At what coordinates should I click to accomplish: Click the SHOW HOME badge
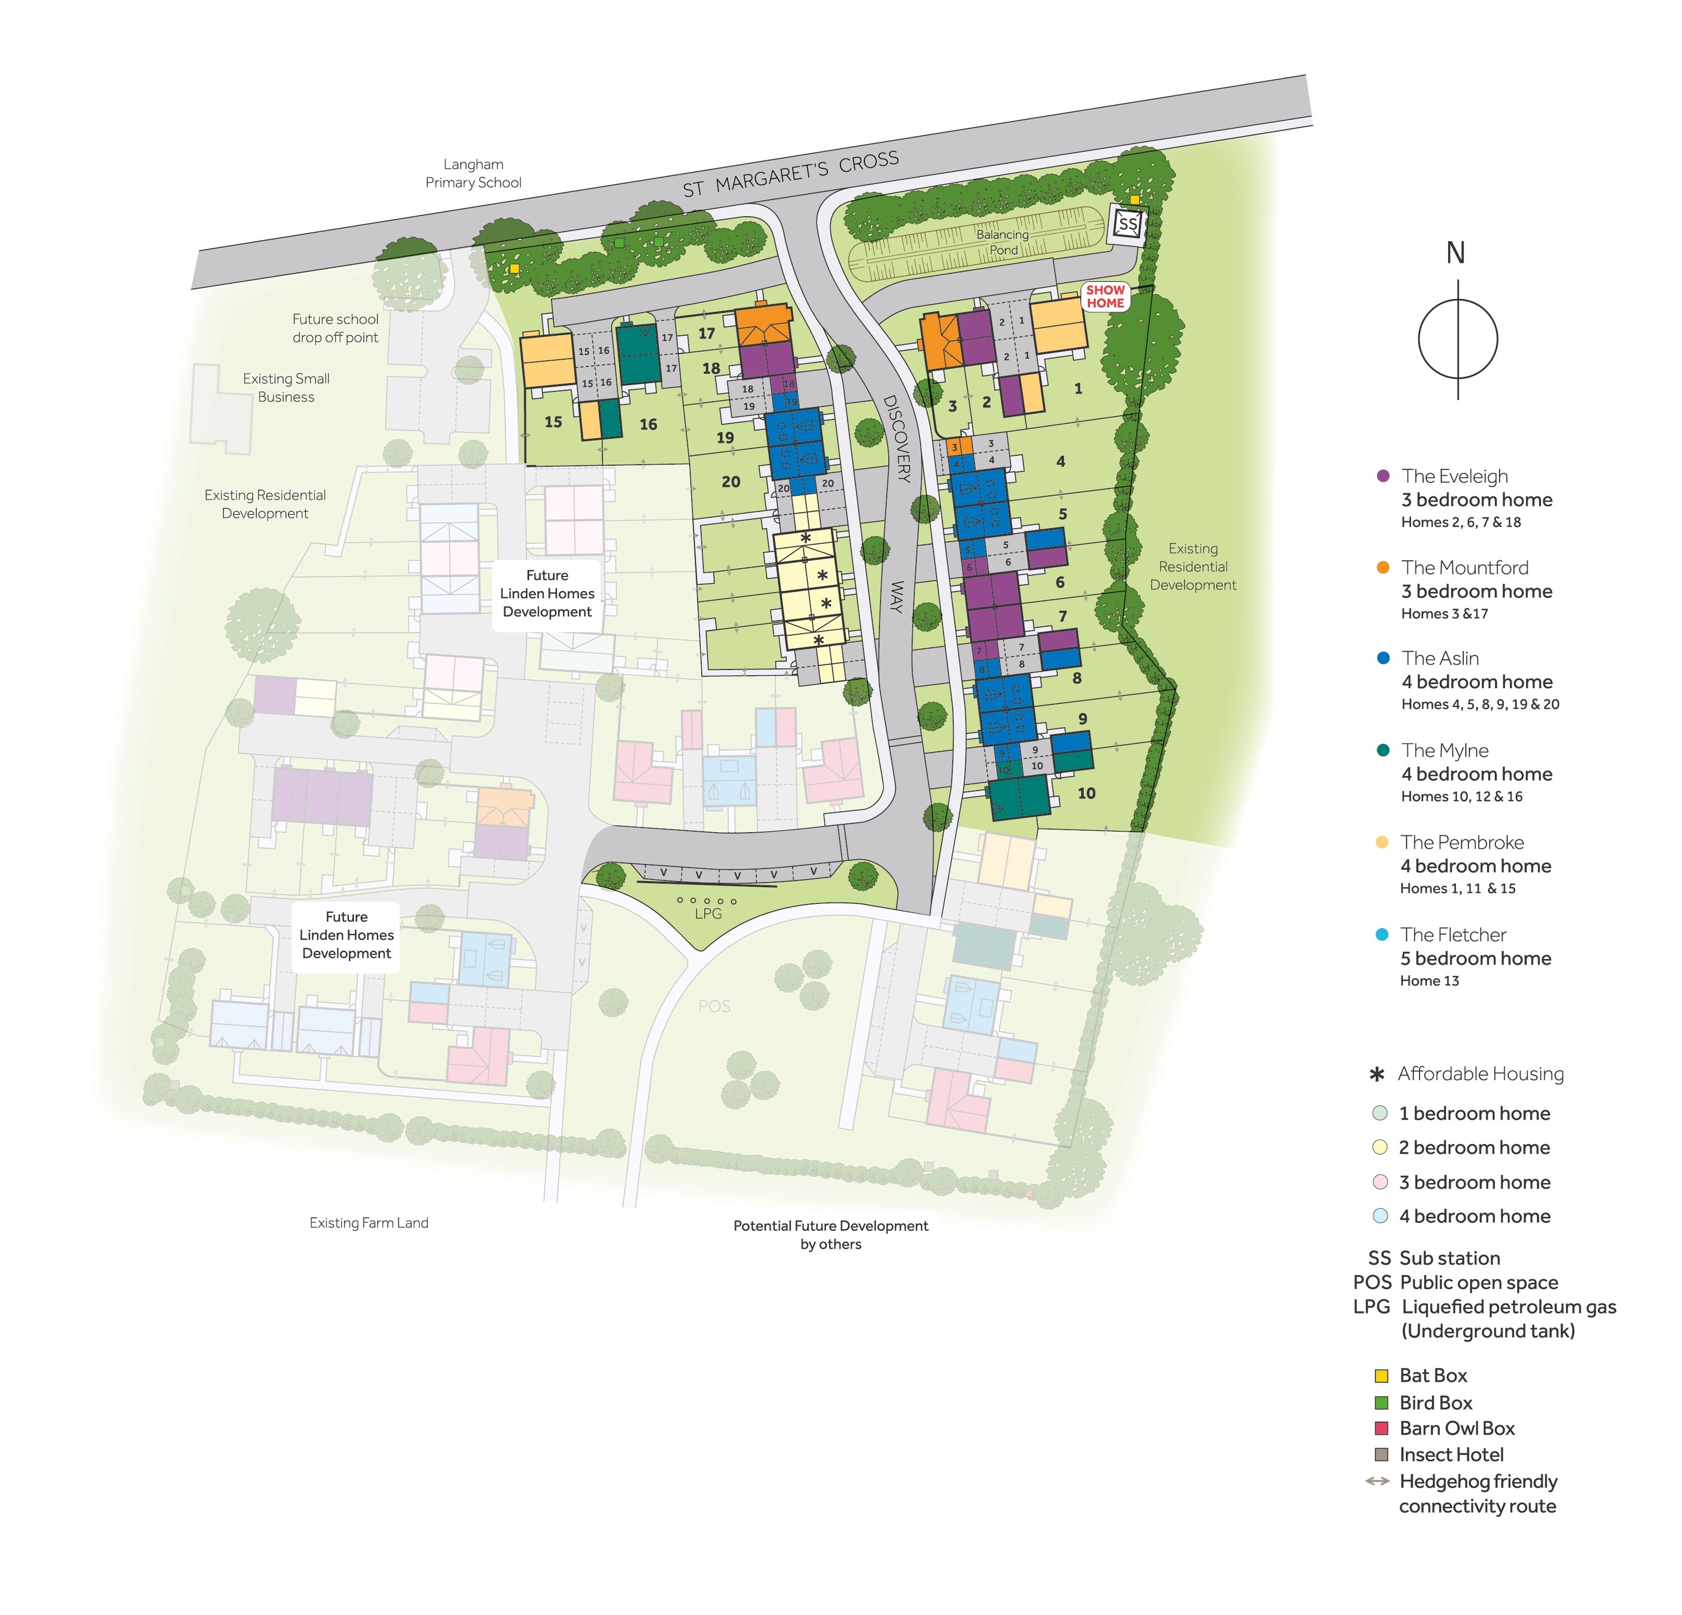[x=1105, y=297]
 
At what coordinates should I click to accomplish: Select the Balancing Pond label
[x=1002, y=242]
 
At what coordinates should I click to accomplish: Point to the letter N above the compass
[x=1455, y=253]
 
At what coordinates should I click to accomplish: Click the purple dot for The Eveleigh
[x=1383, y=476]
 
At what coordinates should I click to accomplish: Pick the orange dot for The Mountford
[x=1383, y=567]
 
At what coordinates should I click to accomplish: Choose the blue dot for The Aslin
[x=1383, y=658]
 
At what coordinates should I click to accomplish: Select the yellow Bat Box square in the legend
[x=1381, y=1376]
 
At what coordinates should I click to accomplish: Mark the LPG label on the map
[x=708, y=913]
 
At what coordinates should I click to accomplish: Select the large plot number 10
[x=1087, y=793]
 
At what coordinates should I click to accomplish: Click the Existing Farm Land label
[x=369, y=1223]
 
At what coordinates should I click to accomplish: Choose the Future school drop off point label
[x=335, y=328]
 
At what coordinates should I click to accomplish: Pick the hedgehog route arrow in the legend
[x=1378, y=1481]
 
